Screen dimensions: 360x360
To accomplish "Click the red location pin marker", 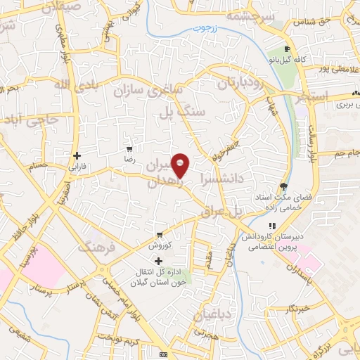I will click(x=181, y=165).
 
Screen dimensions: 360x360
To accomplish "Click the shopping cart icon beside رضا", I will click(x=129, y=149).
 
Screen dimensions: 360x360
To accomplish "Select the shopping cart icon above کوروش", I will click(x=160, y=235).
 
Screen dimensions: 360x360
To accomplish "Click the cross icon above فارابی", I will click(x=77, y=155).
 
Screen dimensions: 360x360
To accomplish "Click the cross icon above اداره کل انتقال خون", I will click(x=158, y=261).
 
